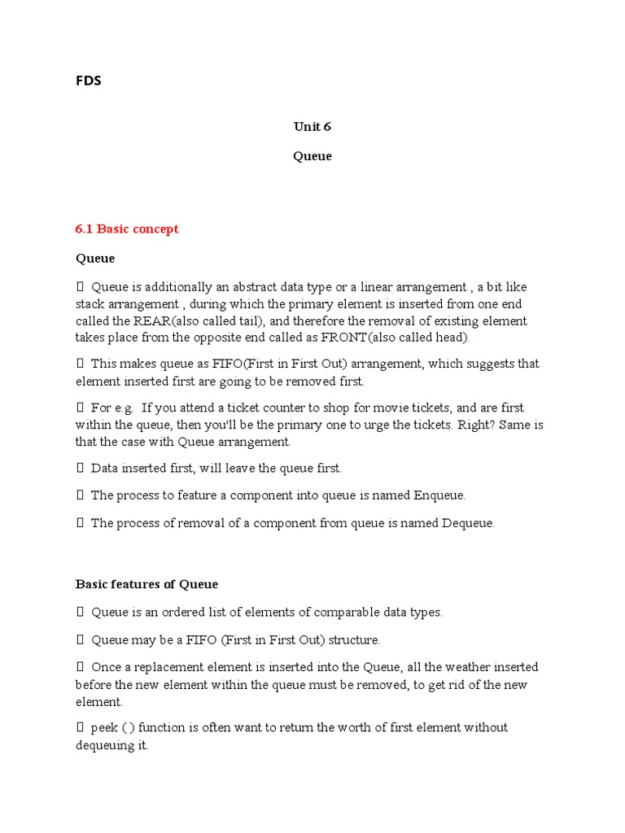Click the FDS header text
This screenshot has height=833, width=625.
[x=89, y=81]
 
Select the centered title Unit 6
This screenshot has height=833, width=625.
[x=312, y=126]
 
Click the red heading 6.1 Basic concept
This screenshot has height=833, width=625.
[x=127, y=229]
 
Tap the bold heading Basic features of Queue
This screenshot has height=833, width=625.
[x=146, y=584]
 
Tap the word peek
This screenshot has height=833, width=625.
[x=104, y=727]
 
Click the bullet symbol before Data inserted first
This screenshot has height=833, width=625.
[x=80, y=468]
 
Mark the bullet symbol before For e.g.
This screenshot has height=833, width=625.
[x=80, y=408]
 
